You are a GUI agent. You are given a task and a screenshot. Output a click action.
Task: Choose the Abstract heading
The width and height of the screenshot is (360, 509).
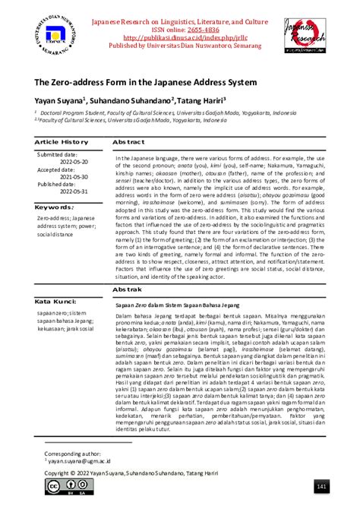[x=129, y=142]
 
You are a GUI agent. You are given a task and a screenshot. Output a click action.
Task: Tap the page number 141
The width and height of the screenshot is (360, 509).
[x=321, y=486]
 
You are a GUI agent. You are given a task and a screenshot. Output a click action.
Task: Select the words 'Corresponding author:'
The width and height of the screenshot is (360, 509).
[x=75, y=452]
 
